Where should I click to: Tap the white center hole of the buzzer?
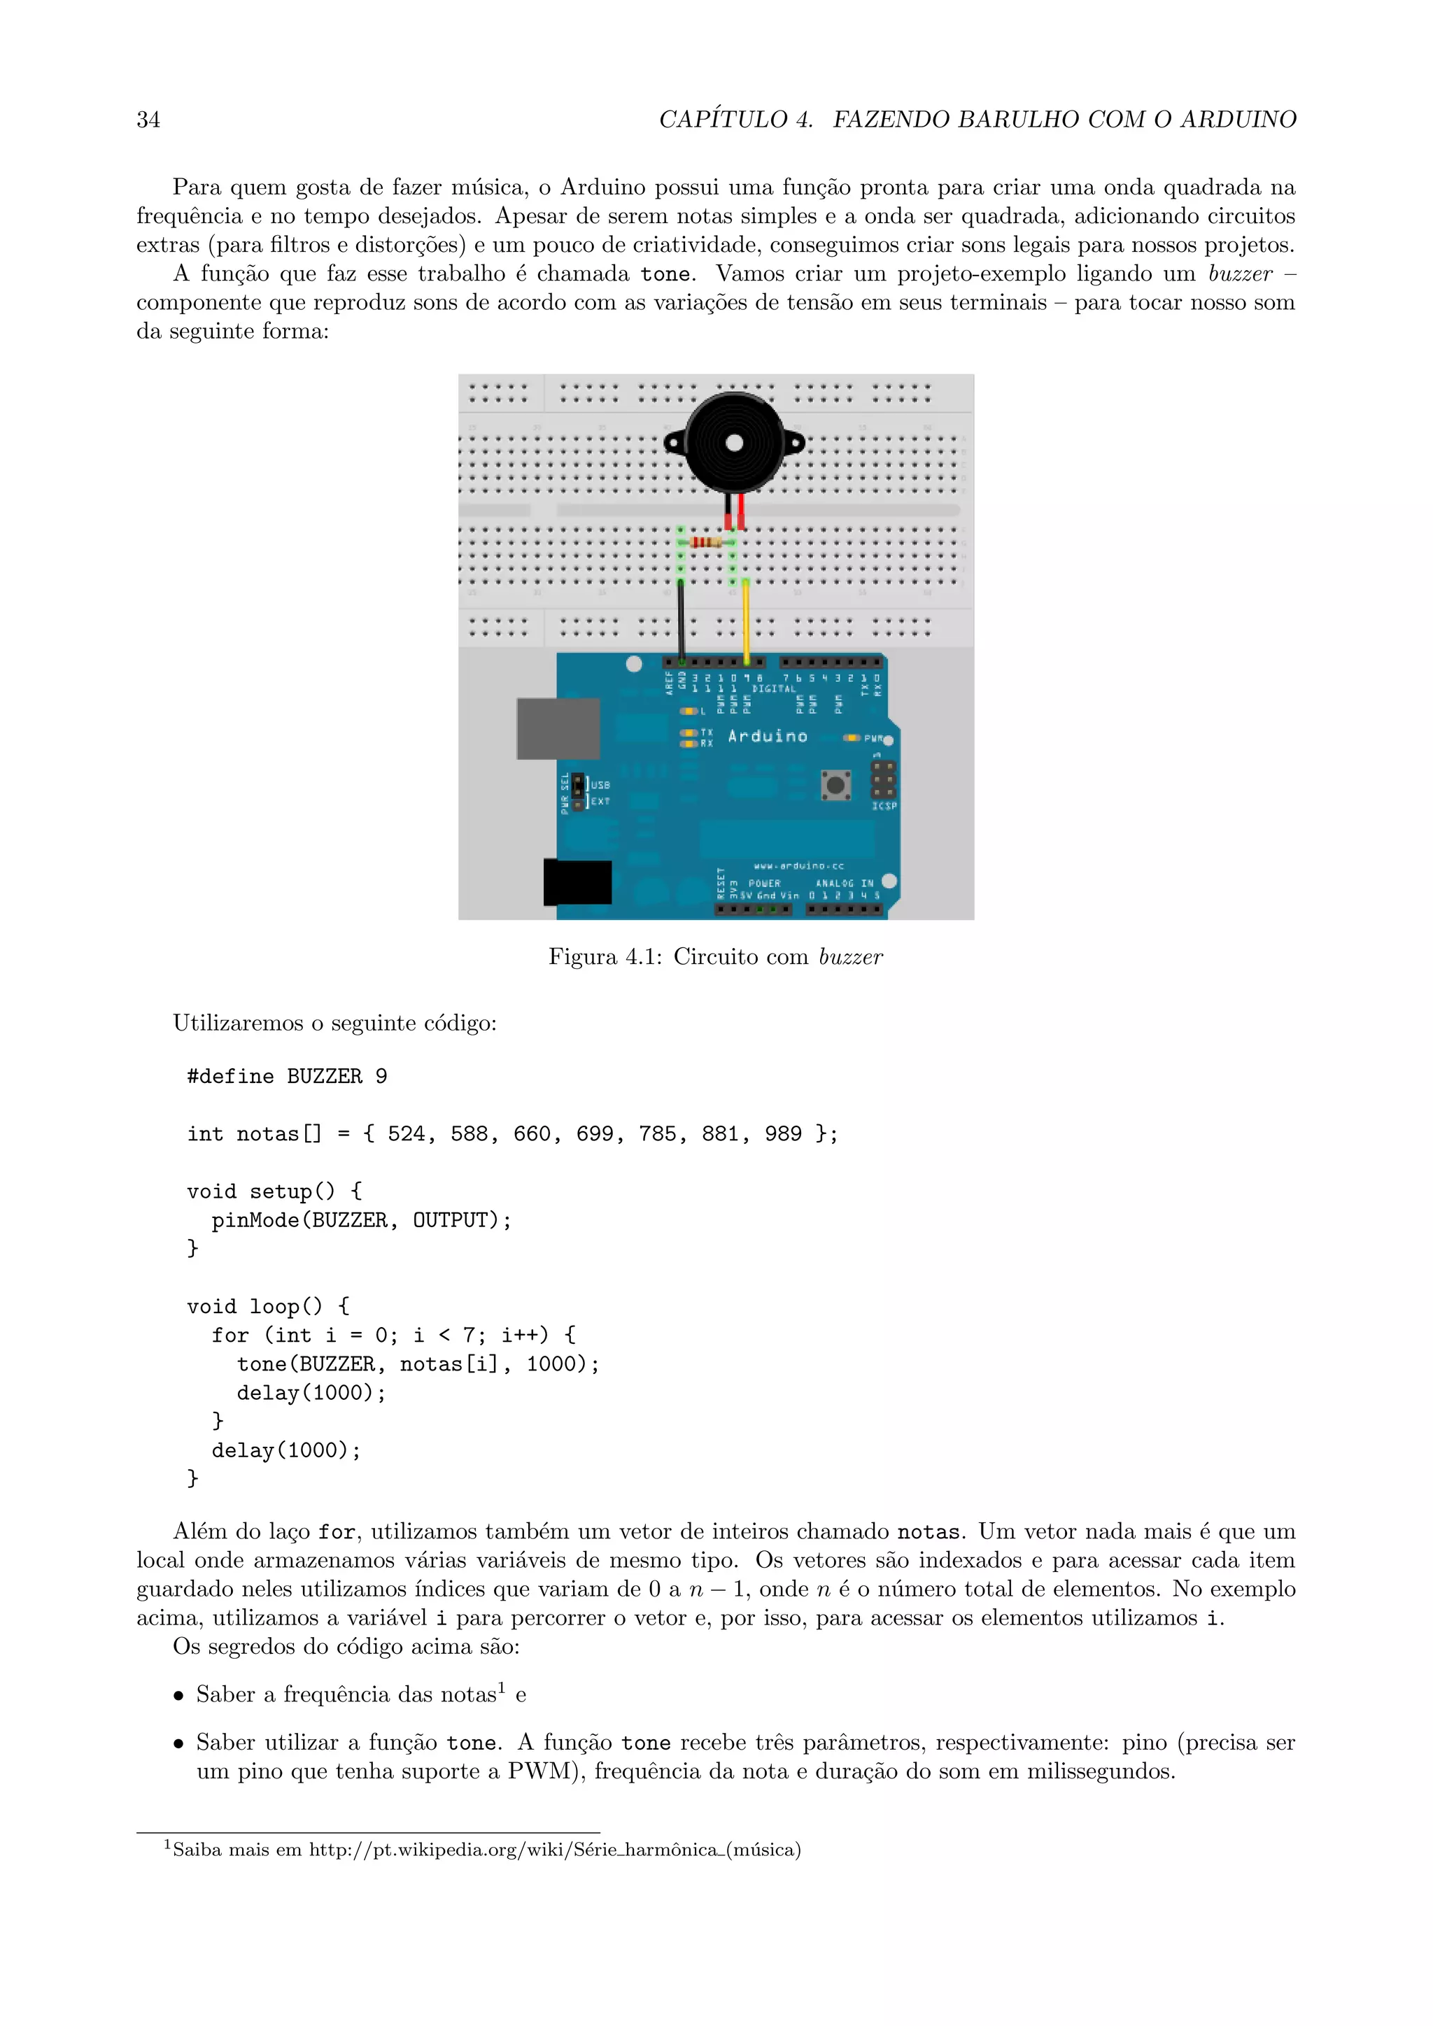734,444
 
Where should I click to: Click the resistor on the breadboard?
706,541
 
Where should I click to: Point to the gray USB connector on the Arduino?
558,728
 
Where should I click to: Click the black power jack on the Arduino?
578,881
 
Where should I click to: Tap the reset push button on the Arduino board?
835,784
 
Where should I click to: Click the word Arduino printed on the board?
768,736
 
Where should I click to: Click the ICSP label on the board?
884,806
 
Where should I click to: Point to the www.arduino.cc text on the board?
798,865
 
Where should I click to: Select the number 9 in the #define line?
381,1077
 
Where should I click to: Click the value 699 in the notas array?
595,1134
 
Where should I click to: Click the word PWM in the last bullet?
539,1772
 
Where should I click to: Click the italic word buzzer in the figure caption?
851,958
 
